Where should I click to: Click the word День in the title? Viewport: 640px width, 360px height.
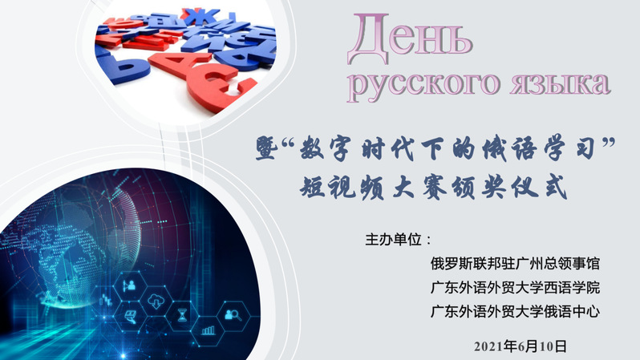(x=410, y=38)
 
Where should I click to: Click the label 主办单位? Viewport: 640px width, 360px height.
(x=394, y=239)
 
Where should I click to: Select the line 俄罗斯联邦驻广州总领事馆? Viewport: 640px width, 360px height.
(x=515, y=263)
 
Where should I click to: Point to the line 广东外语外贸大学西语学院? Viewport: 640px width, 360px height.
(x=515, y=287)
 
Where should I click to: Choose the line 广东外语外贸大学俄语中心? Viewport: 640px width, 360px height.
(x=515, y=311)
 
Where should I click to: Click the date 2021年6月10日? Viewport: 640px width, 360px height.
(x=521, y=346)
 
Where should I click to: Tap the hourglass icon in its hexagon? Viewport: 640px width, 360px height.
(x=182, y=315)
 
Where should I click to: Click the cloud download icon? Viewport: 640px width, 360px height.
(x=156, y=301)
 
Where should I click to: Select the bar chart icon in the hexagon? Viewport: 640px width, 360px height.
(x=209, y=330)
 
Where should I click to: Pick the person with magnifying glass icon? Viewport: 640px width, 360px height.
(x=233, y=314)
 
